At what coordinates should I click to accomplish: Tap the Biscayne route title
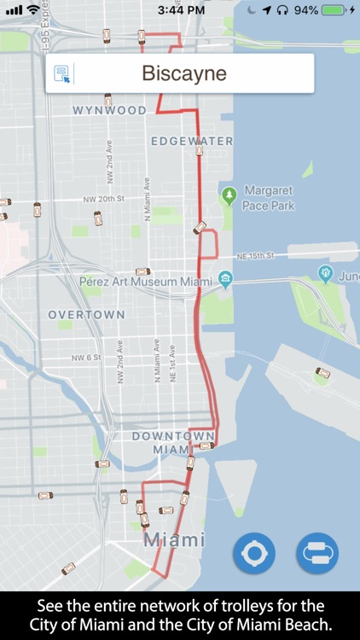(184, 73)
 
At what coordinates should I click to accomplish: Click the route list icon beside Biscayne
(62, 73)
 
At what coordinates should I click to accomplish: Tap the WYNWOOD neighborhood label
(109, 111)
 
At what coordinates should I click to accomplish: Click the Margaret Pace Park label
(269, 197)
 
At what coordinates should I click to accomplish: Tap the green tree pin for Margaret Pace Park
(229, 195)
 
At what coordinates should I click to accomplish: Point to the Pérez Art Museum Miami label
(145, 281)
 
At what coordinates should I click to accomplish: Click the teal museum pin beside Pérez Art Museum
(225, 279)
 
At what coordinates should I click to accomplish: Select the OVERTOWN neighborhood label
(86, 315)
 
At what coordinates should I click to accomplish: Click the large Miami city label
(174, 540)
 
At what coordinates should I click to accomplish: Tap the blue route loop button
(317, 553)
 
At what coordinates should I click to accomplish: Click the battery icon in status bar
(334, 10)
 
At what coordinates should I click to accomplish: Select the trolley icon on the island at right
(322, 373)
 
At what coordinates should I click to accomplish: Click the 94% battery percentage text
(306, 10)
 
